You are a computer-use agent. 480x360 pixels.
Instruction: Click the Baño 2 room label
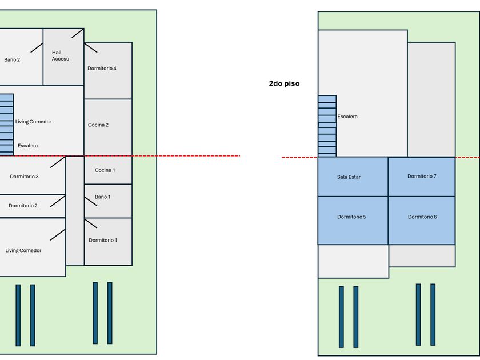pyautogui.click(x=12, y=59)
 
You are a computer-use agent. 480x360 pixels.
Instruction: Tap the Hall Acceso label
pyautogui.click(x=61, y=56)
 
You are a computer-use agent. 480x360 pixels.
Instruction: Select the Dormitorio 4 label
pyautogui.click(x=102, y=68)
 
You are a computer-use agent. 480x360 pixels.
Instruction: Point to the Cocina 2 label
pyautogui.click(x=98, y=125)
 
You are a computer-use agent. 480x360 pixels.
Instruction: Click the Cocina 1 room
pyautogui.click(x=108, y=170)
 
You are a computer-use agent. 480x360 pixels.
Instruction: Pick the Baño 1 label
pyautogui.click(x=102, y=197)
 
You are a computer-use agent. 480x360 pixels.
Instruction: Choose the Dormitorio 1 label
pyautogui.click(x=103, y=241)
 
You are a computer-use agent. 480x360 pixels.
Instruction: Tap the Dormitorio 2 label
pyautogui.click(x=23, y=206)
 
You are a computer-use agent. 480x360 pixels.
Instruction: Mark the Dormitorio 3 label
pyautogui.click(x=24, y=177)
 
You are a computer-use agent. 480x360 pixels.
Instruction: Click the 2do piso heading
pyautogui.click(x=284, y=83)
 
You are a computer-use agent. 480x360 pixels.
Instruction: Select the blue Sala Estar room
pyautogui.click(x=353, y=177)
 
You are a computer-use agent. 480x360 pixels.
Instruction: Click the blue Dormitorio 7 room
pyautogui.click(x=422, y=177)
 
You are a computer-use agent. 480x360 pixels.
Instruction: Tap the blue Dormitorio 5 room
pyautogui.click(x=353, y=221)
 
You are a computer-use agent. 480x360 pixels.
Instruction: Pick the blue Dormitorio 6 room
pyautogui.click(x=422, y=221)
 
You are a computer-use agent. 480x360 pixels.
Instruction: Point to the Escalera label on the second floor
pyautogui.click(x=347, y=117)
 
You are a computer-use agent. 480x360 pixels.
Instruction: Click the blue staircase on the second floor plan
pyautogui.click(x=327, y=126)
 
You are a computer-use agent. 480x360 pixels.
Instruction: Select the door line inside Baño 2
pyautogui.click(x=37, y=47)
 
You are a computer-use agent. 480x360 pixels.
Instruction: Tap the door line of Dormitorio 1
pyautogui.click(x=91, y=223)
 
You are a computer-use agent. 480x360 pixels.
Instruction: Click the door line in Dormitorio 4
pyautogui.click(x=91, y=47)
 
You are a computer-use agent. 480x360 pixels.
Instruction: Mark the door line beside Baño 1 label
pyautogui.click(x=91, y=201)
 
